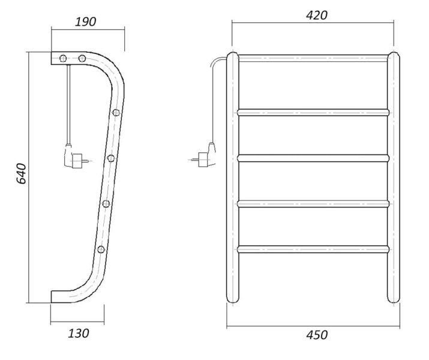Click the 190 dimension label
(x=86, y=22)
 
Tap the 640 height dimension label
(x=21, y=173)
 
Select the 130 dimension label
(x=78, y=334)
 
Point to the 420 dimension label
(x=317, y=16)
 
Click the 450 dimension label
(x=317, y=335)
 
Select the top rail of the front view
(x=313, y=58)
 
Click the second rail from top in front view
(x=313, y=112)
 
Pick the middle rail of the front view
(x=313, y=158)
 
